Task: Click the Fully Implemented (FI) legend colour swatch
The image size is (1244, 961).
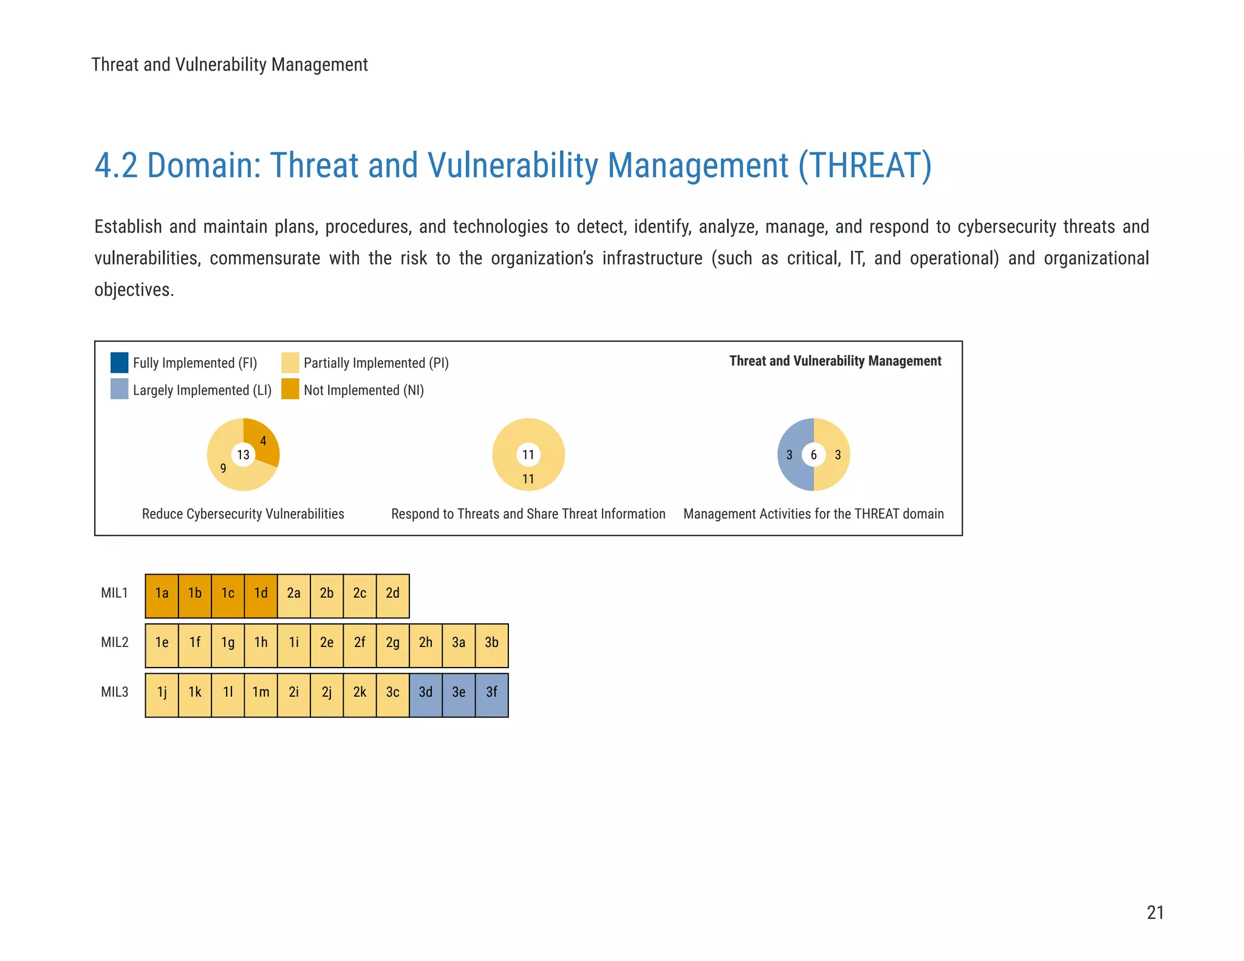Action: point(119,363)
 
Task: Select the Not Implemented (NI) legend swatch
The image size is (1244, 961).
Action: point(290,389)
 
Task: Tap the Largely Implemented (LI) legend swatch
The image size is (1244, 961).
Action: point(119,389)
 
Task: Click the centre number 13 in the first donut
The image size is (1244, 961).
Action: point(243,454)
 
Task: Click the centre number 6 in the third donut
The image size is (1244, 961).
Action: point(813,454)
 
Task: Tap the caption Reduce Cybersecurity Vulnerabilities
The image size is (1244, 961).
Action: point(243,514)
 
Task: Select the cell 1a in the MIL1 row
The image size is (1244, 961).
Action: point(162,593)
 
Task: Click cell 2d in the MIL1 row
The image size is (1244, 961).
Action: point(392,593)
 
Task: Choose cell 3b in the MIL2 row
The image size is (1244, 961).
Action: point(491,643)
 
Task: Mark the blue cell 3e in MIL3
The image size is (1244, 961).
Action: point(459,693)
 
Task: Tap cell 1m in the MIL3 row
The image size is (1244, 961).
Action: point(261,693)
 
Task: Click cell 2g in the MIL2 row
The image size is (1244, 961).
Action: point(392,643)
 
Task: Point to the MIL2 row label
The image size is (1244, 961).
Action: point(115,643)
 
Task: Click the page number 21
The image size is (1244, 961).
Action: point(1155,912)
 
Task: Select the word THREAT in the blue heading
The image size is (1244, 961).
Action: point(864,166)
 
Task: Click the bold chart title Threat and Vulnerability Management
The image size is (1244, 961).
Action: point(835,361)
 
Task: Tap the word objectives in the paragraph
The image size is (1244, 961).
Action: point(133,290)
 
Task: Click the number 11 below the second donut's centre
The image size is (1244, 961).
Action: point(528,479)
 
